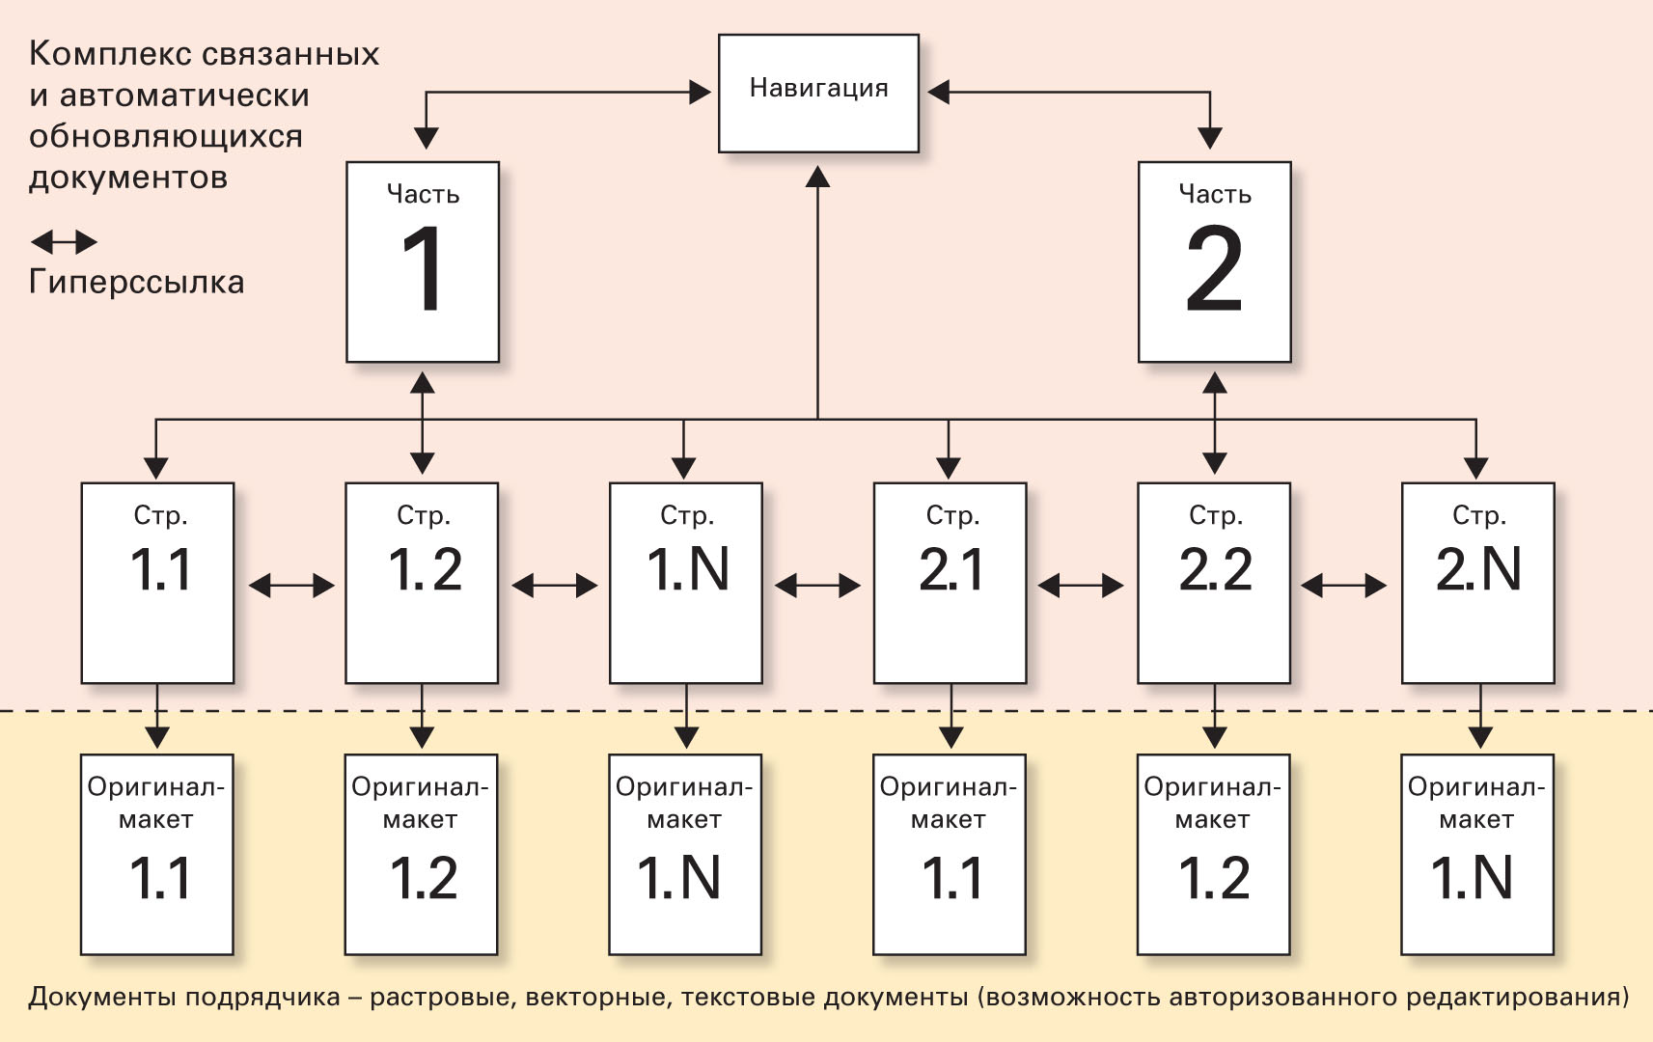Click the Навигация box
(x=818, y=93)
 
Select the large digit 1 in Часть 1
(x=423, y=269)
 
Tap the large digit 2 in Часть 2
(x=1214, y=269)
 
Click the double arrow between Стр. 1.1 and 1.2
(x=290, y=585)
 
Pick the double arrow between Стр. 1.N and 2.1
(x=817, y=585)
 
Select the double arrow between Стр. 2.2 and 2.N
(x=1344, y=585)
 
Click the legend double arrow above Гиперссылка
(x=64, y=241)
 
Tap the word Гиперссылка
(x=136, y=282)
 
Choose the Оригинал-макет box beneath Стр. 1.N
(x=685, y=854)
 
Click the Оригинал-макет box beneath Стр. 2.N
(x=1476, y=854)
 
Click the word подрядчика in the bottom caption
(x=262, y=997)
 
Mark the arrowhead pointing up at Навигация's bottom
(x=818, y=176)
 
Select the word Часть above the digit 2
(x=1215, y=195)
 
